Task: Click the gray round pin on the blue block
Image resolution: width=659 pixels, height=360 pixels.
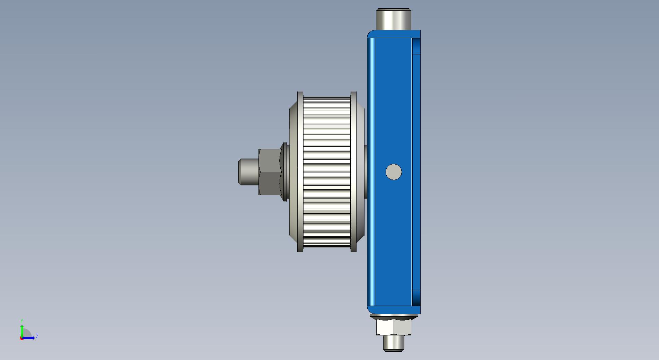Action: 394,172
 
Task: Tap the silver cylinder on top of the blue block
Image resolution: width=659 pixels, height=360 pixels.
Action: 394,19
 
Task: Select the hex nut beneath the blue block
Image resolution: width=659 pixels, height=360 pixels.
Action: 394,327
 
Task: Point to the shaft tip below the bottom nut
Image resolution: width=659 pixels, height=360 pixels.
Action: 394,343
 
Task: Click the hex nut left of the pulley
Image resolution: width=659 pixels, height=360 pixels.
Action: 270,172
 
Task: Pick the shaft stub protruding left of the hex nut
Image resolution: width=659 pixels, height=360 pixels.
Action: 249,172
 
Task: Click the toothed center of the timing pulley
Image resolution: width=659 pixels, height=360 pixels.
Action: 327,172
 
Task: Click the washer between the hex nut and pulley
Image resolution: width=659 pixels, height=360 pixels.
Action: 285,172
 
